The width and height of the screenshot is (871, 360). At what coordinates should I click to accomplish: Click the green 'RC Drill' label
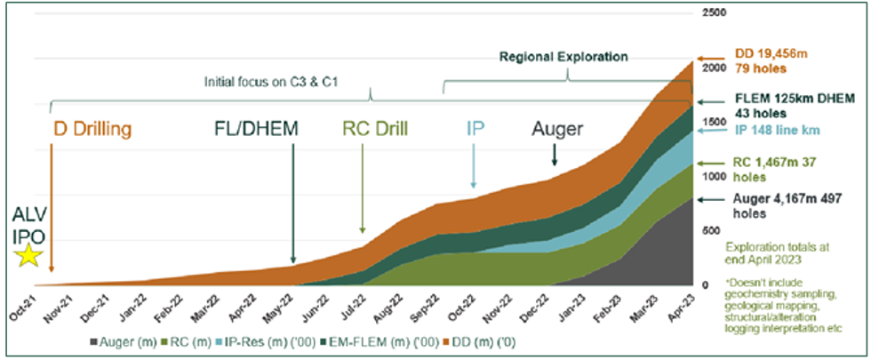pos(375,129)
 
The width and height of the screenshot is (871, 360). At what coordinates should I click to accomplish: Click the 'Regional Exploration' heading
pos(563,57)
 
